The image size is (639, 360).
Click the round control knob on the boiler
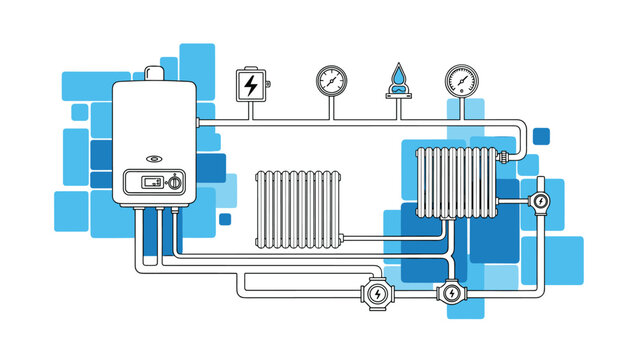[x=175, y=183]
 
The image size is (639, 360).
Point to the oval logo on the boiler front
[x=154, y=158]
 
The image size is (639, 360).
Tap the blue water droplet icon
[x=399, y=76]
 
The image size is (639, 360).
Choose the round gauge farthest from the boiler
[x=461, y=80]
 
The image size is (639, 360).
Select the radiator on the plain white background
[x=298, y=207]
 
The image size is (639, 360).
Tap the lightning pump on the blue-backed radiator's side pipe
[x=540, y=200]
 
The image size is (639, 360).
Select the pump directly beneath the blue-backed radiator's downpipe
[x=451, y=293]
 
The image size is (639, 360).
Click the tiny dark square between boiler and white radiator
[x=225, y=219]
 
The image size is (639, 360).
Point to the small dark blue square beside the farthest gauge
[x=541, y=135]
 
